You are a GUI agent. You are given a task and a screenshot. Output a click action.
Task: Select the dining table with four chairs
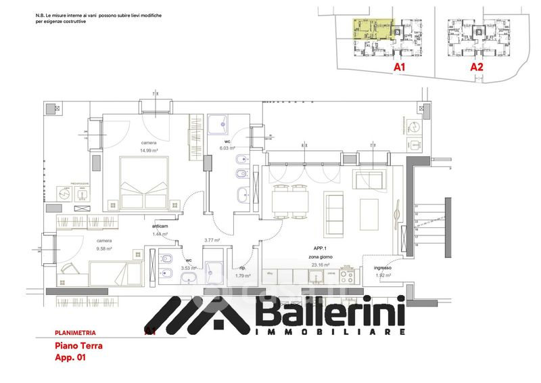coord(289,201)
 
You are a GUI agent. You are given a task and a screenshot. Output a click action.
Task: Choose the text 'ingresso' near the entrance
coord(383,269)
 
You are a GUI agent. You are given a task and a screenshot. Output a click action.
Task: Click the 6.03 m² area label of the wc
coord(227,148)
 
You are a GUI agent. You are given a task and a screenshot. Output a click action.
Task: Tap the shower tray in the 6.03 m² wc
coord(218,124)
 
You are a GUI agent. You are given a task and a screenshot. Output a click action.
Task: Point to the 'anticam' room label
coord(160,227)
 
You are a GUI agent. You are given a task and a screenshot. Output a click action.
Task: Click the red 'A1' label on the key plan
coord(399,68)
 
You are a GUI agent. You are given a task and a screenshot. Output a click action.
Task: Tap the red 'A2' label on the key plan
coord(477,67)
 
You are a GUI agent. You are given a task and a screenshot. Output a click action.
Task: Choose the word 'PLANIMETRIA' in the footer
coord(75,333)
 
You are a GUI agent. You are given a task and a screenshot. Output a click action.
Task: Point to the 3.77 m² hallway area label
coord(214,240)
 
